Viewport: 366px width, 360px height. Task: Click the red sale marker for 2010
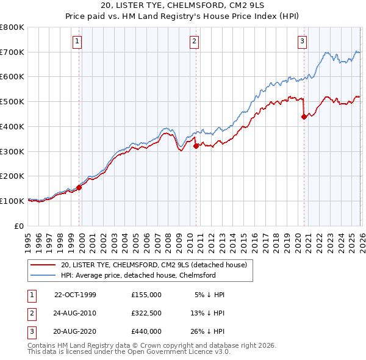tap(196, 146)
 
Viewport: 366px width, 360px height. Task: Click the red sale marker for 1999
tap(79, 187)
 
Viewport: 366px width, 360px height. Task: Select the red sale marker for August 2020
tap(304, 117)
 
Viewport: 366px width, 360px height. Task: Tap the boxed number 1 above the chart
tap(78, 41)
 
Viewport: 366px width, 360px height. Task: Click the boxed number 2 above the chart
tap(194, 41)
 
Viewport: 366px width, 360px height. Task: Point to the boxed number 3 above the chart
tap(302, 41)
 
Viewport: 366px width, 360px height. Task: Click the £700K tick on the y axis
tap(12, 52)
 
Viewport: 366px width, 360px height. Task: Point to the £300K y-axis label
tap(12, 151)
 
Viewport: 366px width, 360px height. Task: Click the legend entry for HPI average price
tap(138, 275)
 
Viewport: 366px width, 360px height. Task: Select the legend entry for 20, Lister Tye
tap(153, 265)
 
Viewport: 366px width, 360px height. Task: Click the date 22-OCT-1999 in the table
tap(75, 294)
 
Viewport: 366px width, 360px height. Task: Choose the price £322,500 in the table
tap(146, 312)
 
